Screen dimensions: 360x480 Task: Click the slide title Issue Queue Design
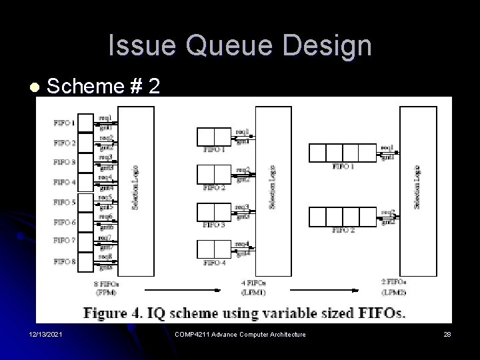click(x=240, y=46)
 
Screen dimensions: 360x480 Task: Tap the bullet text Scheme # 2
click(x=103, y=86)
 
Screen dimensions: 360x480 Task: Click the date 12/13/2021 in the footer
click(x=45, y=334)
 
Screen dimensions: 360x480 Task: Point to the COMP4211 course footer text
click(x=239, y=334)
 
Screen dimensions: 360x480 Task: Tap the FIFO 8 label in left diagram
click(x=65, y=261)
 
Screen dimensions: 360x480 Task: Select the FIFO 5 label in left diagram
click(x=65, y=202)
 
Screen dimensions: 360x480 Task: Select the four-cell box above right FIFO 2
click(x=343, y=216)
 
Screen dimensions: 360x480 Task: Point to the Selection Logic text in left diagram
click(x=135, y=188)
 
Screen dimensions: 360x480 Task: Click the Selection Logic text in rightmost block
click(x=418, y=187)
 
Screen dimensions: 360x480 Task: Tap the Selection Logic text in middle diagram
click(x=271, y=187)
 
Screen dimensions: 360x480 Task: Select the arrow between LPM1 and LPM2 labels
click(x=320, y=289)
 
